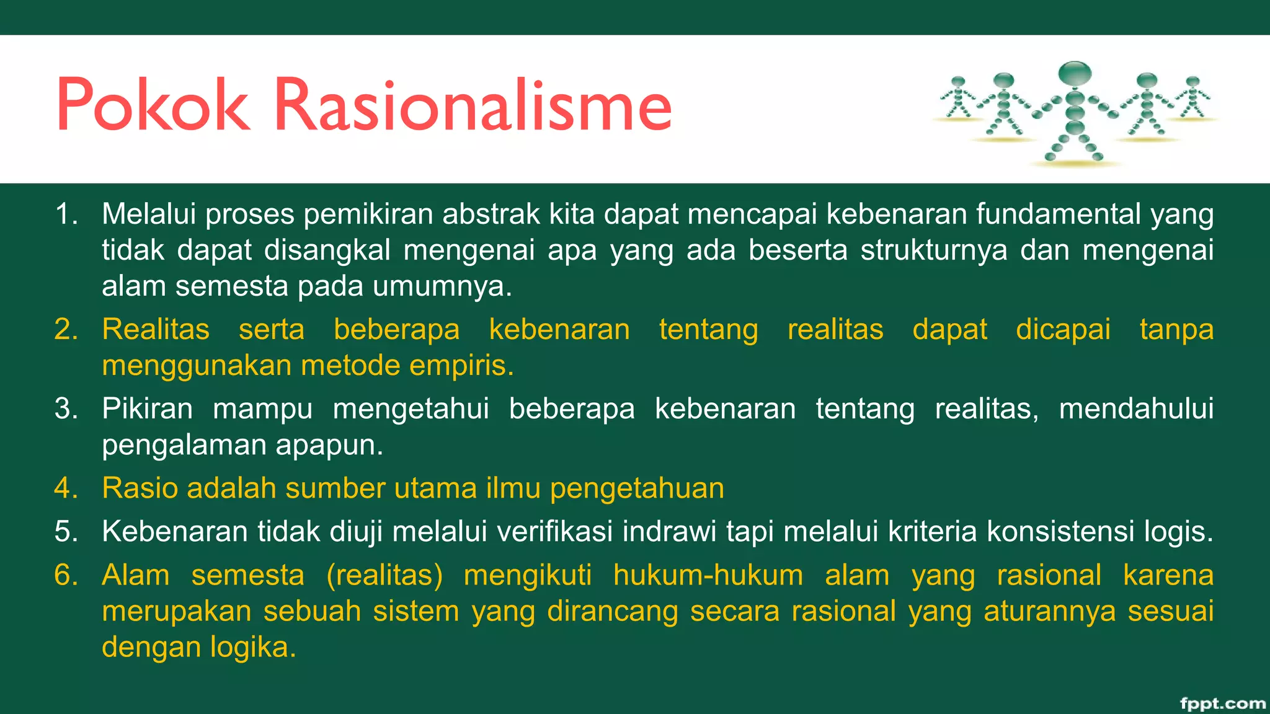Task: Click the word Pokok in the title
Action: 153,105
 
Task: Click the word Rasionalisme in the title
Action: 473,105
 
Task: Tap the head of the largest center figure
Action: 1075,74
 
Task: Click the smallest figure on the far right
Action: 1192,97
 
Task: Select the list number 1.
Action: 66,214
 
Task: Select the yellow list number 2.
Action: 66,329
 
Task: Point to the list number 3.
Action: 66,409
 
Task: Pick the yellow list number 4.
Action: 66,488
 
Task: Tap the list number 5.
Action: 66,532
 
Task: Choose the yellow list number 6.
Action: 66,575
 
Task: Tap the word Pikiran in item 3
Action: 148,409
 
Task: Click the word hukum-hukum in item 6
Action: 708,575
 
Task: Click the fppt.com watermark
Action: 1222,703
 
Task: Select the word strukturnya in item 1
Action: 933,250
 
